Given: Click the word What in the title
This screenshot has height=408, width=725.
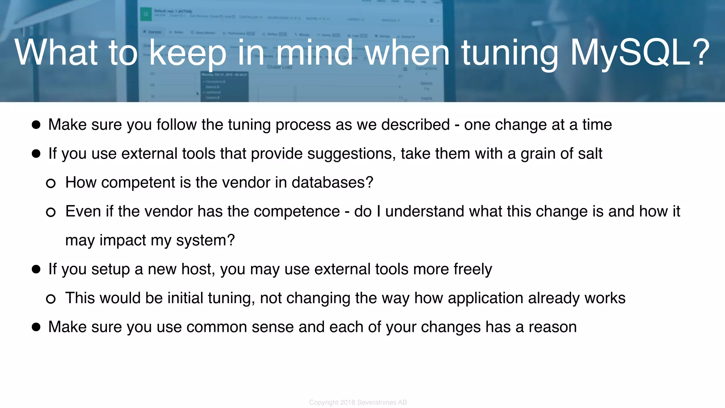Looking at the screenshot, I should click(x=56, y=52).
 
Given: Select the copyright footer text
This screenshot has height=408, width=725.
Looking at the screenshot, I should click(x=358, y=402).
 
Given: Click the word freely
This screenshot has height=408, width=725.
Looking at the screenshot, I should click(x=473, y=269).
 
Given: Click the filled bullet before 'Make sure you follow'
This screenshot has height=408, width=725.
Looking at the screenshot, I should click(x=36, y=125).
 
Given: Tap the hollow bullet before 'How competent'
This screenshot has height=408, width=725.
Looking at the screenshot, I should click(x=51, y=183).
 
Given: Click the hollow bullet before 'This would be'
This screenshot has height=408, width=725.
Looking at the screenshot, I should click(x=51, y=299).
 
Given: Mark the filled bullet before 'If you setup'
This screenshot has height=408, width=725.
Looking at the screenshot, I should click(x=36, y=269).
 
